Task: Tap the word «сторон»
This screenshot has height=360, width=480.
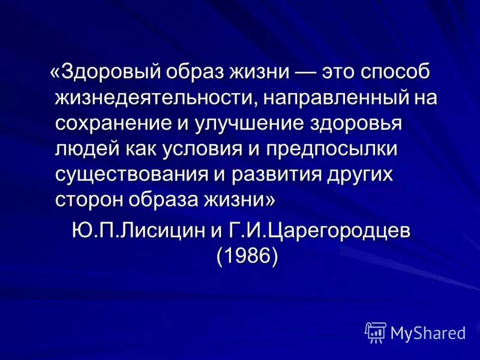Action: point(89,200)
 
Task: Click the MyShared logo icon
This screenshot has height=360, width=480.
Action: point(375,332)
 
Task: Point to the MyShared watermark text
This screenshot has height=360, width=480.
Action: point(428,332)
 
